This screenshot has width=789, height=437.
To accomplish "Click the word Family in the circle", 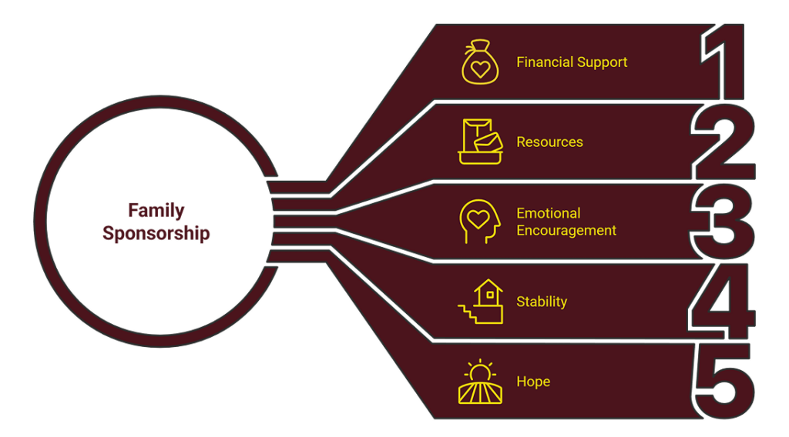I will click(156, 210).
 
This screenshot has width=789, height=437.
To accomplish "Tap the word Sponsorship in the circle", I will click(156, 233).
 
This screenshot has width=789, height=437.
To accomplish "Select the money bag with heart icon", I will click(480, 62).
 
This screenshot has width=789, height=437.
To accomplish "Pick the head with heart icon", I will click(479, 222).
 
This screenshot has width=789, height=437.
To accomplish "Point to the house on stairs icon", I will click(481, 302).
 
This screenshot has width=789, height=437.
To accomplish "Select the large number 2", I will click(723, 143).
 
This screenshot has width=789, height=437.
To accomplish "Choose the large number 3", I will click(723, 222).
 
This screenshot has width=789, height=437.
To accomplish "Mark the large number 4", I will click(723, 302).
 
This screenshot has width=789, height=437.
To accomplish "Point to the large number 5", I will click(723, 382).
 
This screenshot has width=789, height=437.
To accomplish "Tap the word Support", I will click(606, 63).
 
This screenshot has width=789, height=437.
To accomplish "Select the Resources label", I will click(549, 142).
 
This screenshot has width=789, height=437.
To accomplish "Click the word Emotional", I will click(549, 213).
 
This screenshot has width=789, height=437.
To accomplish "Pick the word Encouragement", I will click(566, 231).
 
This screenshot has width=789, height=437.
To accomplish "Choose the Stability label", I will click(542, 302).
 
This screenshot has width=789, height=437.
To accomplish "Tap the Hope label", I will click(533, 382).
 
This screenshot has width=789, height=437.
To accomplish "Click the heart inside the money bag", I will click(480, 70).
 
